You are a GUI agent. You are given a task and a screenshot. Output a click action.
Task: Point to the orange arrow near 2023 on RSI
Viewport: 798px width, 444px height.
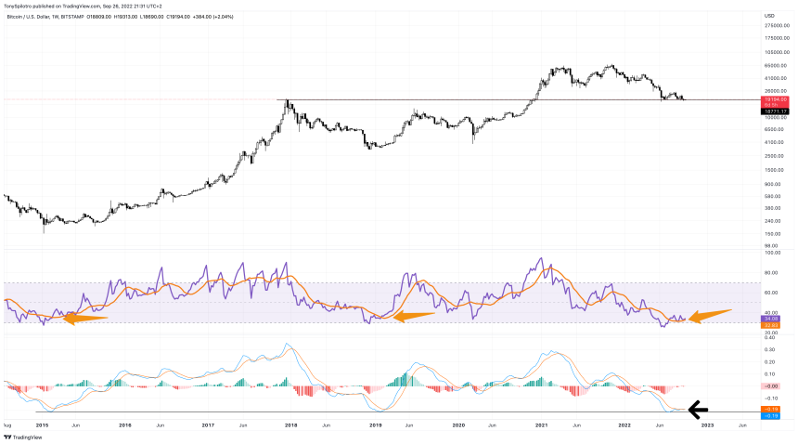pos(712,314)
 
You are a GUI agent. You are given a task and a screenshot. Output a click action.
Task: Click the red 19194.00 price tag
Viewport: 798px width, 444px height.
pos(775,98)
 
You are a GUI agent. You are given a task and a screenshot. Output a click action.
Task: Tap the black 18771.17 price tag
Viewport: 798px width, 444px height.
pos(775,111)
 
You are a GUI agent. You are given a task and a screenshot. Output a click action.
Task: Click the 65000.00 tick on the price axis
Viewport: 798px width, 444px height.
pos(775,66)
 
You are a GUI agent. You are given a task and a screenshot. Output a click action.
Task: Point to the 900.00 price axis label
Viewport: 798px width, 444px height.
pos(773,183)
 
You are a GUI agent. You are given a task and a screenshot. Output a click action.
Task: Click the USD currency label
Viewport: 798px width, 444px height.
pos(769,16)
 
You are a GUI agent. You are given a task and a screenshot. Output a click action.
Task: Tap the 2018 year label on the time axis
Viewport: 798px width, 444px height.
pos(290,424)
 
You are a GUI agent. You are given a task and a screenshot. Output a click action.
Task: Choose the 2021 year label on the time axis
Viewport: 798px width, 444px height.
pos(537,424)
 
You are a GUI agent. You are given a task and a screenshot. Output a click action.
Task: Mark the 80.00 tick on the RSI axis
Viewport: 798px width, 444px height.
pos(770,272)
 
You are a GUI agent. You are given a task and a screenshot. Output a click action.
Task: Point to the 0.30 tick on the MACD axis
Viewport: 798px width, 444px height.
pos(770,350)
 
